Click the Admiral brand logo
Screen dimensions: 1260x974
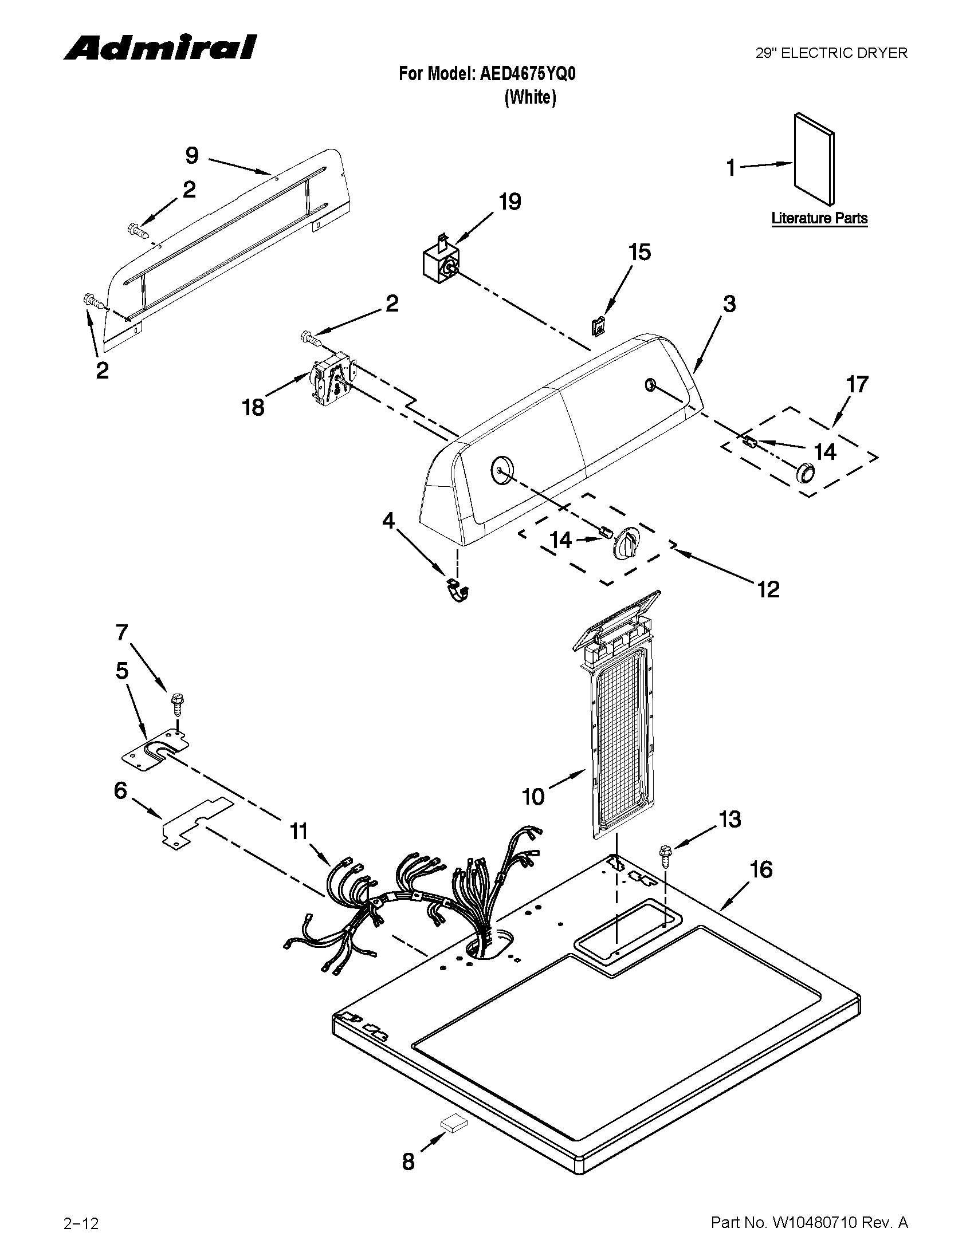160,48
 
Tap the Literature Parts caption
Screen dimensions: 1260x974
819,219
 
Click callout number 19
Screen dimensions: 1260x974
510,202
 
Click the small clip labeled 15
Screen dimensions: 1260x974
600,326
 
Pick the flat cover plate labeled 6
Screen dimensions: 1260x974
196,823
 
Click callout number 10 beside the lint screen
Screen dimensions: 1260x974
533,797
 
